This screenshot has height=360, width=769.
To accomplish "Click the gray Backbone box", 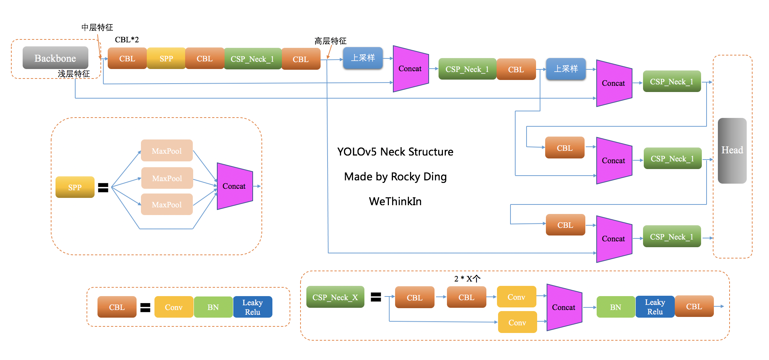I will [55, 58].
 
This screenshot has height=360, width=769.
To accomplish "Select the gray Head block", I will [732, 150].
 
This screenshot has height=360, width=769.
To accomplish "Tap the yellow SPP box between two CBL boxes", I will [166, 58].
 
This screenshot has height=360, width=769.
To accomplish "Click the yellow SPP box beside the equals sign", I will [75, 187].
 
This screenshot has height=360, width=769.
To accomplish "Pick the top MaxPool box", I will [167, 151].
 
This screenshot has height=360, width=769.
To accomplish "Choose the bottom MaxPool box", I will [167, 204].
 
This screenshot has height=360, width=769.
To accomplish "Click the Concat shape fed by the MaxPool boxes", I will [234, 186].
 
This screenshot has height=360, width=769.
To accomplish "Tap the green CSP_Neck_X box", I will [335, 297].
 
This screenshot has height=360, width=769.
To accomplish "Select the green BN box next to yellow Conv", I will [213, 307].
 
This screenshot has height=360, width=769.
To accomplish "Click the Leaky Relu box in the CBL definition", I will [253, 307].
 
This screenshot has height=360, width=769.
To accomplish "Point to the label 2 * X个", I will [467, 279].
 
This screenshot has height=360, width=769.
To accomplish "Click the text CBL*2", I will [127, 39].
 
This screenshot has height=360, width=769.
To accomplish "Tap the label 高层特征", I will [330, 41].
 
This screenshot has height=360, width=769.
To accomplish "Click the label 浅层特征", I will [73, 74].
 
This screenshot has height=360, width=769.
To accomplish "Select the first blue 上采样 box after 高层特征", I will [363, 58].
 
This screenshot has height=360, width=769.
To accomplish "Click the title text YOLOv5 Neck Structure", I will [395, 152].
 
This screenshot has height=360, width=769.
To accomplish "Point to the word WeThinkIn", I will [395, 201].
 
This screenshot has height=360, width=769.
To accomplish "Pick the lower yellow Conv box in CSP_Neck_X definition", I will [517, 322].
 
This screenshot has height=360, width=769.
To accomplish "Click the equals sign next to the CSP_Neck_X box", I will [376, 297].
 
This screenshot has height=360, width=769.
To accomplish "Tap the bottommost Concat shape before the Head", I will [614, 239].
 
